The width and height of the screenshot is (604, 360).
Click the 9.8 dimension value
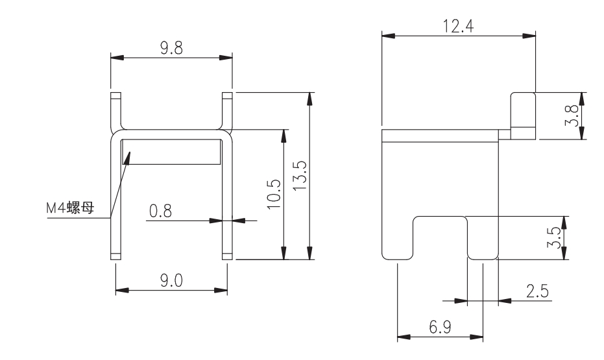pyautogui.click(x=171, y=48)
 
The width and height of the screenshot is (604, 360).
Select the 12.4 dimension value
pyautogui.click(x=458, y=26)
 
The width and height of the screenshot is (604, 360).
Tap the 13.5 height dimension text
pyautogui.click(x=300, y=175)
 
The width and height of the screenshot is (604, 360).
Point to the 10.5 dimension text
pyautogui.click(x=274, y=195)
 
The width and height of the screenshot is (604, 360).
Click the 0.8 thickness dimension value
pyautogui.click(x=160, y=211)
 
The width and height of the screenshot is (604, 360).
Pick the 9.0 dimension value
pyautogui.click(x=171, y=281)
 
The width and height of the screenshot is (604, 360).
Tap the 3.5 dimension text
pyautogui.click(x=554, y=237)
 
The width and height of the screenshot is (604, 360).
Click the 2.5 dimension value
pyautogui.click(x=537, y=291)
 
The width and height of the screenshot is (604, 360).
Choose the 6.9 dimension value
pyautogui.click(x=440, y=328)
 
